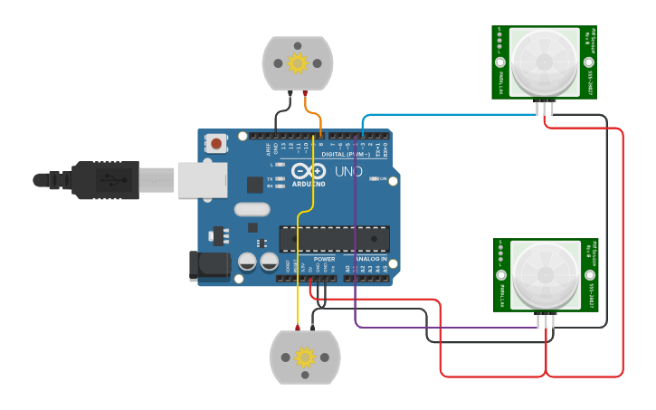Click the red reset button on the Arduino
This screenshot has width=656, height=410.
[x=216, y=143]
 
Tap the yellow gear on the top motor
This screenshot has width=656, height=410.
[x=298, y=63]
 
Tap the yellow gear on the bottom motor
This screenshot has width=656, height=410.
[x=305, y=358]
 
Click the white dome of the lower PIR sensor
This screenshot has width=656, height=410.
[x=546, y=274]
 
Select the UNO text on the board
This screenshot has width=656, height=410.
[x=348, y=171]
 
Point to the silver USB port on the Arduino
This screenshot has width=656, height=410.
[x=201, y=179]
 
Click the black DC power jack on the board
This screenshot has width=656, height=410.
[x=205, y=265]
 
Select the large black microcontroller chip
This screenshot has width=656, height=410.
[x=334, y=239]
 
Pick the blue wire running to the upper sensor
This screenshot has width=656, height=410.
[x=452, y=115]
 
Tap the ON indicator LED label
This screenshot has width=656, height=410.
[x=383, y=179]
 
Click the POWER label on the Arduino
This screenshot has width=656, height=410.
[x=324, y=259]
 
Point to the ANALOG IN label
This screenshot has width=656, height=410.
[x=371, y=259]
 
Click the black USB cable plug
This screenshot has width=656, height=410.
[x=100, y=179]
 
